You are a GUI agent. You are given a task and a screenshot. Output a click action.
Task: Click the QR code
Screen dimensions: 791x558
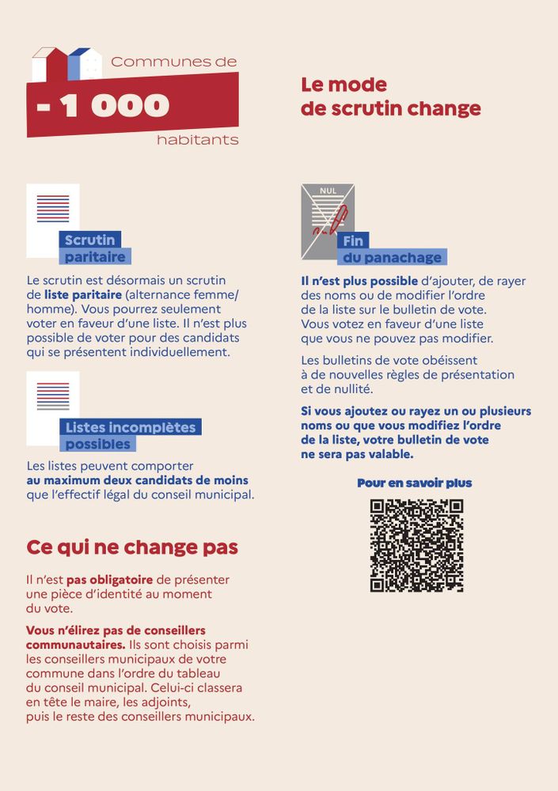click(x=416, y=546)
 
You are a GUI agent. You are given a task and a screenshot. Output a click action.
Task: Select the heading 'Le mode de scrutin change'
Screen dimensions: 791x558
click(x=390, y=97)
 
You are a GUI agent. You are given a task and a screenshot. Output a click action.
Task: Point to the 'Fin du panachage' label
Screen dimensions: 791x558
click(x=393, y=249)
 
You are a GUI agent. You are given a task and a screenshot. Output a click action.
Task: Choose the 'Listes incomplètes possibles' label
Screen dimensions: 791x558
click(x=130, y=436)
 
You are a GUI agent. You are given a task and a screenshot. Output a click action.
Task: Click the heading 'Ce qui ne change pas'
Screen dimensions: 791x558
click(x=132, y=547)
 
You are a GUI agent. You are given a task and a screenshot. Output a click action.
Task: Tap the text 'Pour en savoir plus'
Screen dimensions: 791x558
click(x=414, y=483)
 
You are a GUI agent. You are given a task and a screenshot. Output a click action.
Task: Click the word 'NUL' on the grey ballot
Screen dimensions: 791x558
click(x=328, y=191)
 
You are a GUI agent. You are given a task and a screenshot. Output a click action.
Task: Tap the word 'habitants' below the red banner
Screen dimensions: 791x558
click(x=197, y=140)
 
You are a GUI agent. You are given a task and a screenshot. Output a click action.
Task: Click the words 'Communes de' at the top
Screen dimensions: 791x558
click(x=173, y=62)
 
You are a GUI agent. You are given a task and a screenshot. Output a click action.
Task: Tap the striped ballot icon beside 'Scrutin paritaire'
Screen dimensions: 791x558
click(x=52, y=209)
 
